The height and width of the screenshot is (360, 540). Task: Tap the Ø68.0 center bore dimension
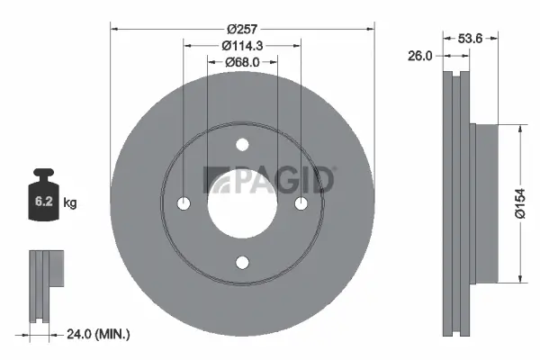pos(241,61)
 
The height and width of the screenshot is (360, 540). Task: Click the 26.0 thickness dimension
pos(419,55)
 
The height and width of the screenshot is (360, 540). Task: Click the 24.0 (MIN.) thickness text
pos(99,334)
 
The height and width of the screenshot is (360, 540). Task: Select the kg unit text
pos(70,203)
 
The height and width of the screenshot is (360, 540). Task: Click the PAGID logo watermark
pos(269,180)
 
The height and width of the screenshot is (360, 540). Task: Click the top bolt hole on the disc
pos(241,145)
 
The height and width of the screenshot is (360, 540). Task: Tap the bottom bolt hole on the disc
pos(241,262)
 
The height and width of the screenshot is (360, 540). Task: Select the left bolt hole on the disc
pos(184,203)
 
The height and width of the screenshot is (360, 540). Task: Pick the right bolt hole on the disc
pos(300,203)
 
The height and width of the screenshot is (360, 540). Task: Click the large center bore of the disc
pos(241,203)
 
